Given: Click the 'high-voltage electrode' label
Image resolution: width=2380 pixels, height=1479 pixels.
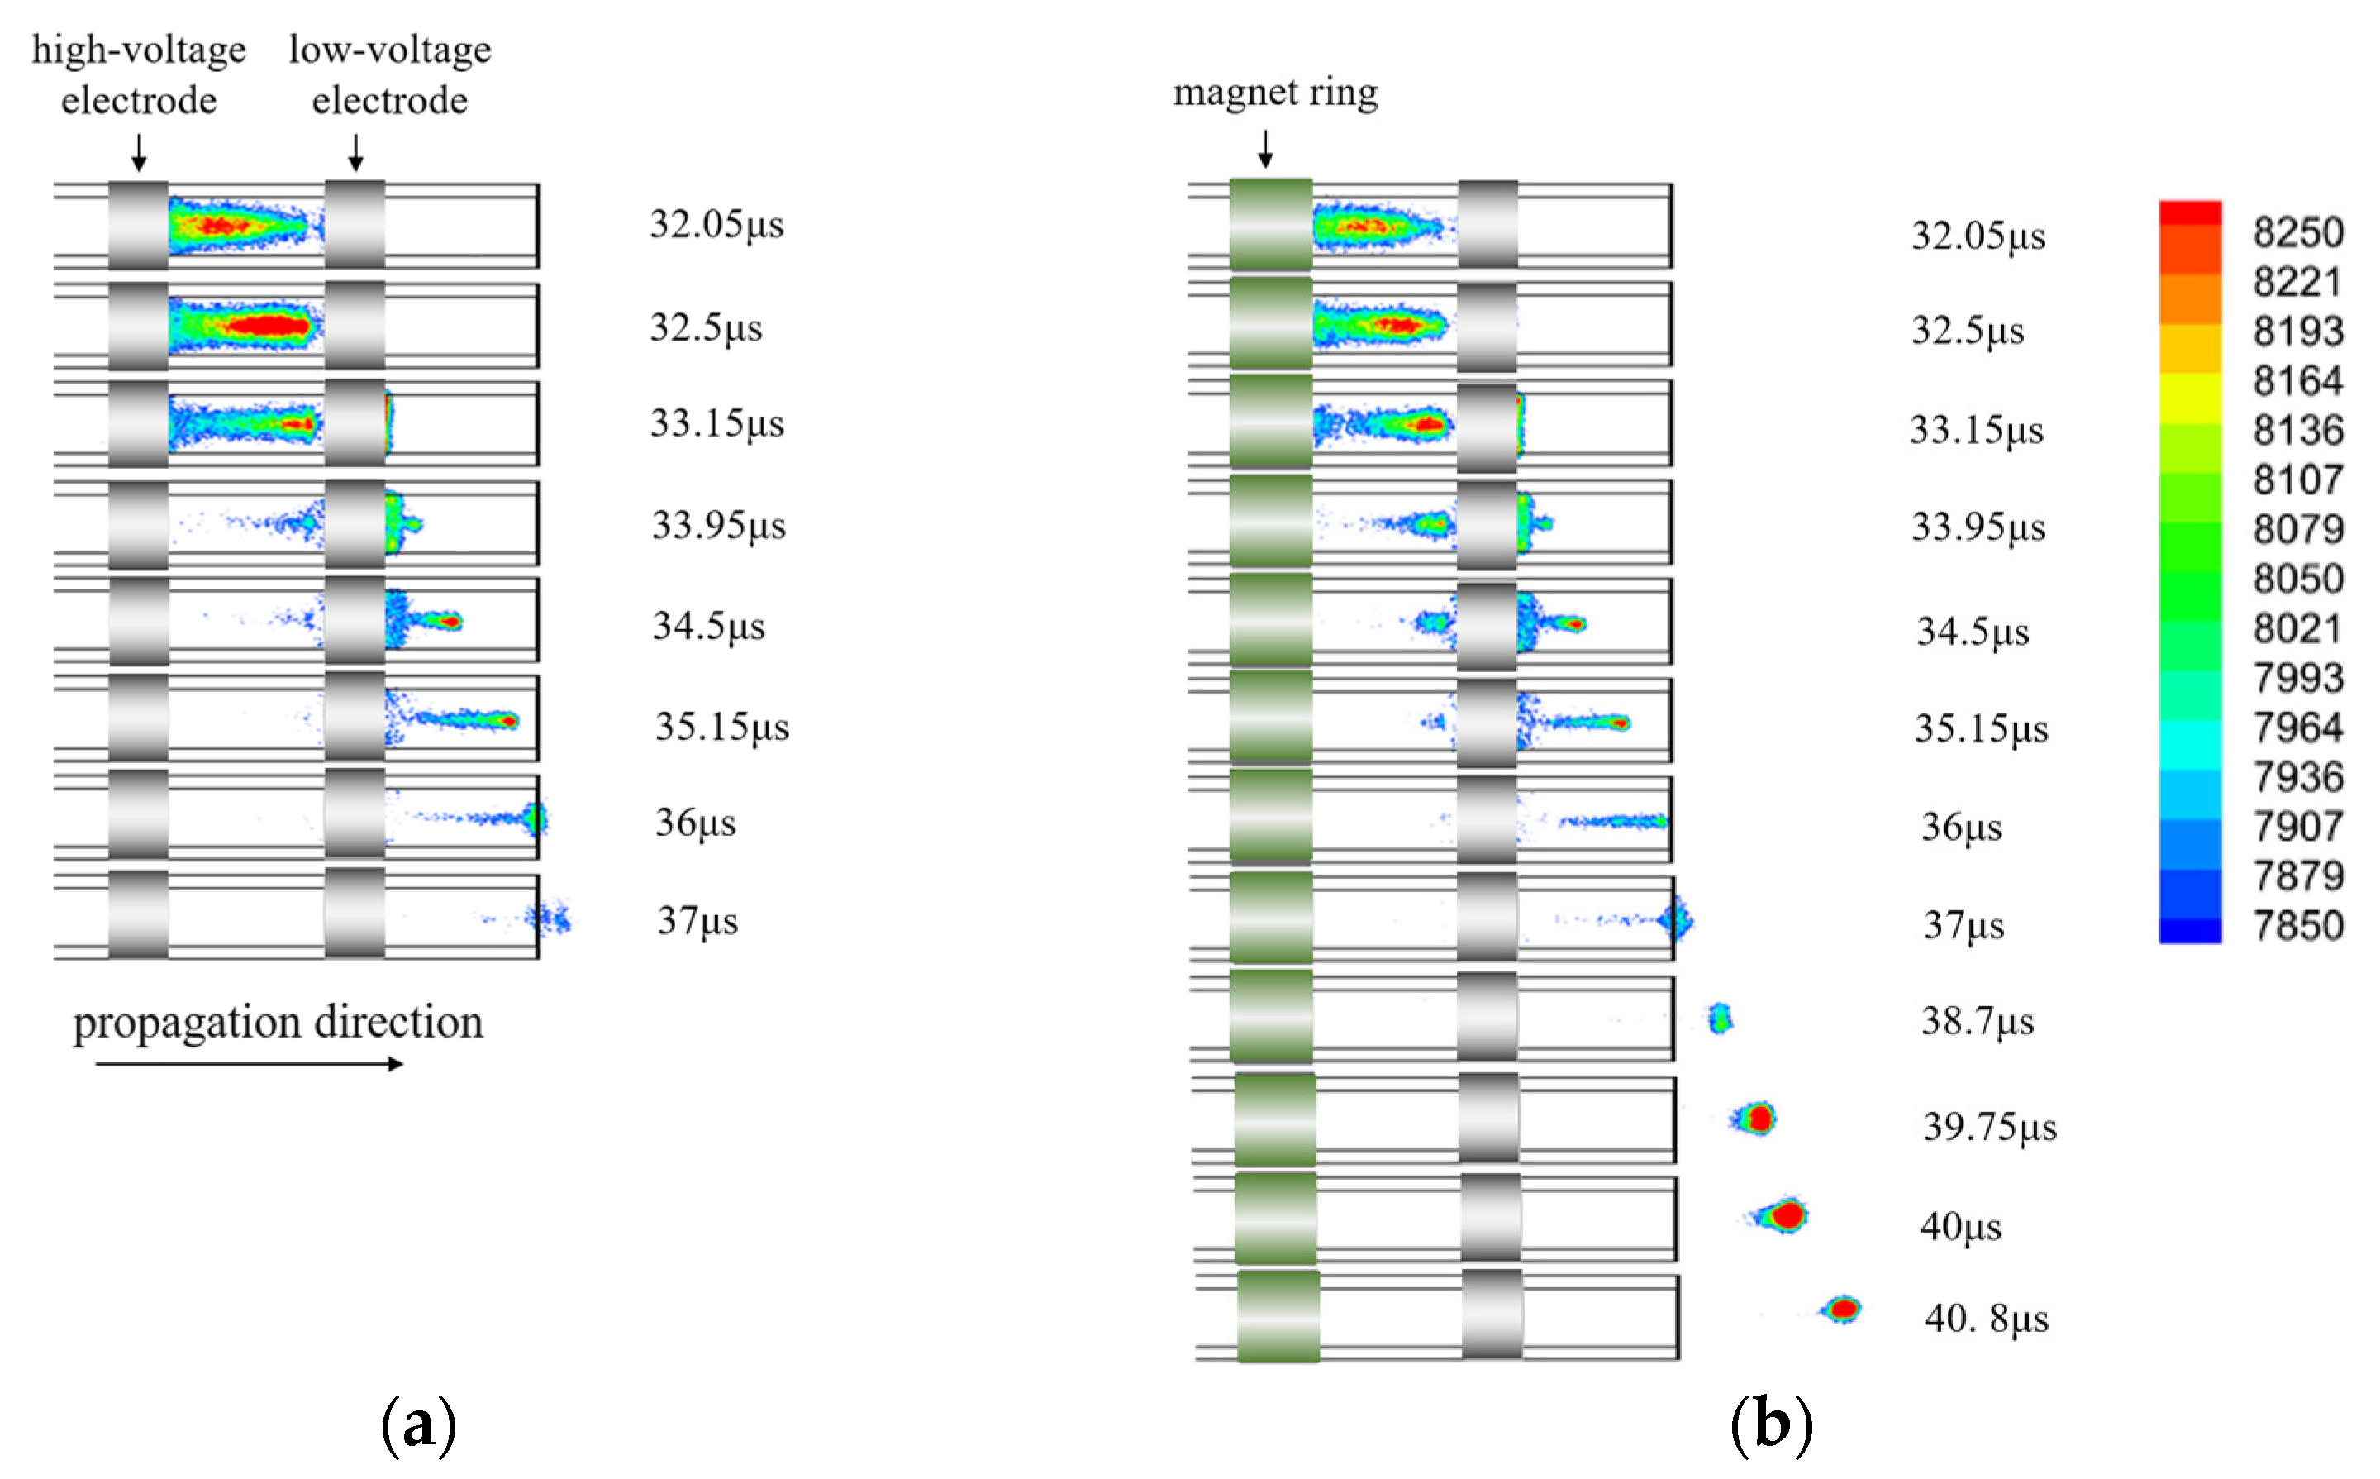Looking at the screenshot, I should coord(139,74).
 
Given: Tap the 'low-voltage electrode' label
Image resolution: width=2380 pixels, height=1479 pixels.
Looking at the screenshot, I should coord(389,74).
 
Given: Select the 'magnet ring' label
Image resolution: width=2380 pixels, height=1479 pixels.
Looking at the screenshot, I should coord(1275,92).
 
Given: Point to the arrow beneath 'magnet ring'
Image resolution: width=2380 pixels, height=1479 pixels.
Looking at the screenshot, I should coord(1265,149).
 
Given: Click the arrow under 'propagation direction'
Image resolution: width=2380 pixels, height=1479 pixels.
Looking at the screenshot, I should coord(250,1063).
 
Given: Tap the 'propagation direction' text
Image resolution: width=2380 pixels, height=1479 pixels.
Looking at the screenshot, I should coord(278,1022).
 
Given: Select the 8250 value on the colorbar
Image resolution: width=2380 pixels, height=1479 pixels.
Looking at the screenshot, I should coord(2298,233).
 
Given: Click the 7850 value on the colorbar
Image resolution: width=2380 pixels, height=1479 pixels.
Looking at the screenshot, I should coord(2298,925).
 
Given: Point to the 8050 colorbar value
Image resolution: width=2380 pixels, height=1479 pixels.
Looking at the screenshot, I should coord(2298,579).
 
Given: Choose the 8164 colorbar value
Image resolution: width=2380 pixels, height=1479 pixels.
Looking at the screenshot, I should coord(2298,380).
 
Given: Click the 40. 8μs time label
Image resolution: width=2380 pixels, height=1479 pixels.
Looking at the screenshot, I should coord(1986,1319).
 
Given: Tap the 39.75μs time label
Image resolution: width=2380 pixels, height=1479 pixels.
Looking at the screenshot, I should coord(1989,1127).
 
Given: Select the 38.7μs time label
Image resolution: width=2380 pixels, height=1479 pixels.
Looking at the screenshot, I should coord(1978,1021).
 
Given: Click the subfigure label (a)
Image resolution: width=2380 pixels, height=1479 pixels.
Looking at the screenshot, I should coord(418,1424).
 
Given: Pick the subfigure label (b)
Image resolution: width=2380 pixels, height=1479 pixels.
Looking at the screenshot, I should coord(1771,1424).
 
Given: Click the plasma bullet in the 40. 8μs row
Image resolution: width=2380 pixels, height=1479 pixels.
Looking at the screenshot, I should coord(1841,1309).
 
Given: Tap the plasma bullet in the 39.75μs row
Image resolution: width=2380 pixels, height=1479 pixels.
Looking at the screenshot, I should coord(1756,1118).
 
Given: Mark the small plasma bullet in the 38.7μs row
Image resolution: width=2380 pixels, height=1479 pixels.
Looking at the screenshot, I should coord(1720,1019).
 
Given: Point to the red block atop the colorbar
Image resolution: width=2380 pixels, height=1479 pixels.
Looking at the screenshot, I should coord(2189,213).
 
